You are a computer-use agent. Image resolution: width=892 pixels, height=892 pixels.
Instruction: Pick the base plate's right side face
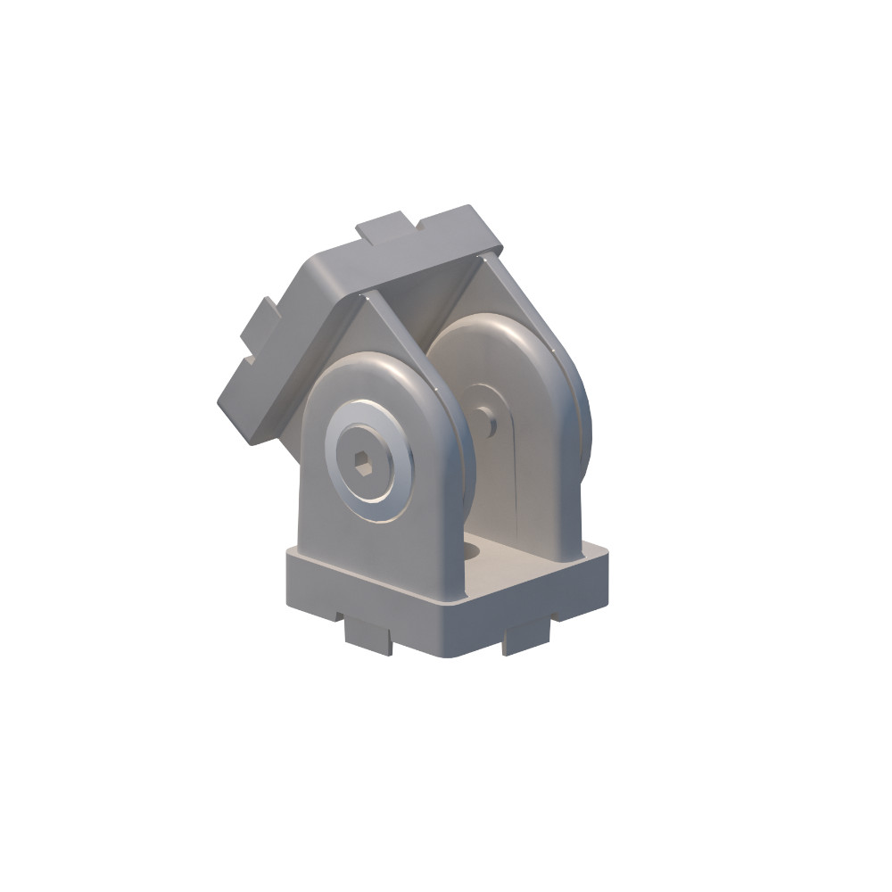(x=544, y=607)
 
